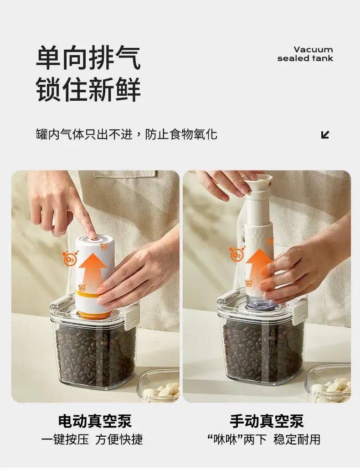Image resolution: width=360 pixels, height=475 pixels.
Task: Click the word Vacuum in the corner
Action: (x=313, y=49)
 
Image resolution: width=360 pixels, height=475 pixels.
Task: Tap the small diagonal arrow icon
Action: (x=325, y=134)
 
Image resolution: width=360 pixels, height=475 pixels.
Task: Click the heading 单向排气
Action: (x=88, y=57)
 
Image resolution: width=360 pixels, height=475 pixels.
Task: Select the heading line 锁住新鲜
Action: (x=88, y=89)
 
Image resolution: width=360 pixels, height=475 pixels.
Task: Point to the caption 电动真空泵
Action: (x=95, y=421)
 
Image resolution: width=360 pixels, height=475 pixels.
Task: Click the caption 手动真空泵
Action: (x=267, y=421)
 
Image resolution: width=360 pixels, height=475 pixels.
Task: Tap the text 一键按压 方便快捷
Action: (x=92, y=439)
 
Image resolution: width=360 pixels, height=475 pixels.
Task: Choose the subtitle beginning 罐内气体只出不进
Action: (x=127, y=134)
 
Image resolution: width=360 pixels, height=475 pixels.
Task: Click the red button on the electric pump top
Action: (x=94, y=240)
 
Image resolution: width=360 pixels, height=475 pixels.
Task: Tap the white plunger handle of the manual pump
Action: (x=258, y=183)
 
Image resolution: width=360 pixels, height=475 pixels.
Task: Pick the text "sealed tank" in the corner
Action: (x=305, y=58)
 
